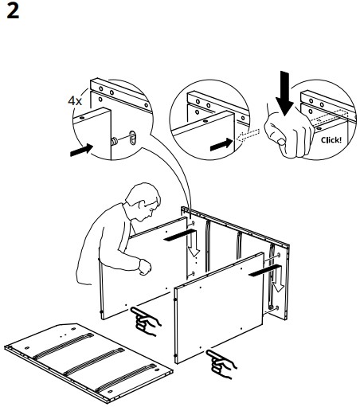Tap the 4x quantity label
coord(75,101)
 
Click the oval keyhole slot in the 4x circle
coord(133,136)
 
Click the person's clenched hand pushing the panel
coord(144,267)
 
